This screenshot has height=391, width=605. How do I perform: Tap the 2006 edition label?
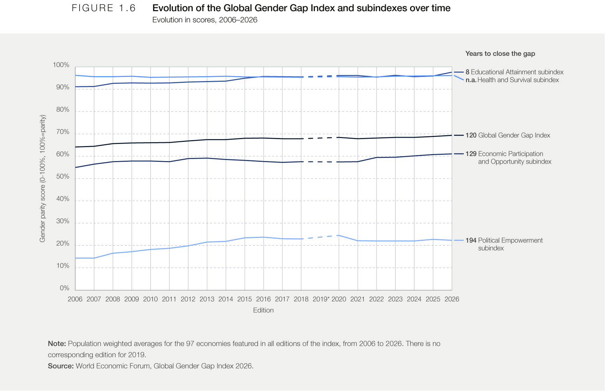pos(75,299)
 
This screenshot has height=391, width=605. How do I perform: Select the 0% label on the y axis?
pos(65,288)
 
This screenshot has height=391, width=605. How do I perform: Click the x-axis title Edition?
pos(263,310)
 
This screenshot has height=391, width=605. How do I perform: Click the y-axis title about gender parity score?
pos(43,179)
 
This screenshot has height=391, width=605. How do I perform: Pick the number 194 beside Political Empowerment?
pos(471,240)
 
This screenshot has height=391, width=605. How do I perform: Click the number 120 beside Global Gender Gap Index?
pos(471,135)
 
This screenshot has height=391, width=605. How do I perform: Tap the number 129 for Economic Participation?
pos(471,154)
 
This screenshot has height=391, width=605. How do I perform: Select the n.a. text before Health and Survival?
pos(471,80)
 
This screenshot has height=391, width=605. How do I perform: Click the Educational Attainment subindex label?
pos(517,72)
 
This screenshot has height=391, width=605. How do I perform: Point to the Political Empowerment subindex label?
pos(510,244)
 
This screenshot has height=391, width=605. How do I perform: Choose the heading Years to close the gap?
pos(500,53)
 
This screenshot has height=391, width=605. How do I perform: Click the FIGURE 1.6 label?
pos(104,8)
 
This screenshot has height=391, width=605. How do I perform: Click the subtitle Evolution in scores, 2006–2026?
pos(205,20)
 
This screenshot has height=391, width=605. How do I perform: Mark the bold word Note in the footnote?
pos(57,343)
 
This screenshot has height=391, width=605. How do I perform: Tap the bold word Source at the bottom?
pos(61,366)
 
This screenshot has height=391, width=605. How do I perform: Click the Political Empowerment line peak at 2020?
pos(339,235)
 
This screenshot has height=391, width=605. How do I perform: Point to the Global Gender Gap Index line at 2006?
pos(75,147)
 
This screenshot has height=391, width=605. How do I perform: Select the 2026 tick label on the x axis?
pos(452,299)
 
